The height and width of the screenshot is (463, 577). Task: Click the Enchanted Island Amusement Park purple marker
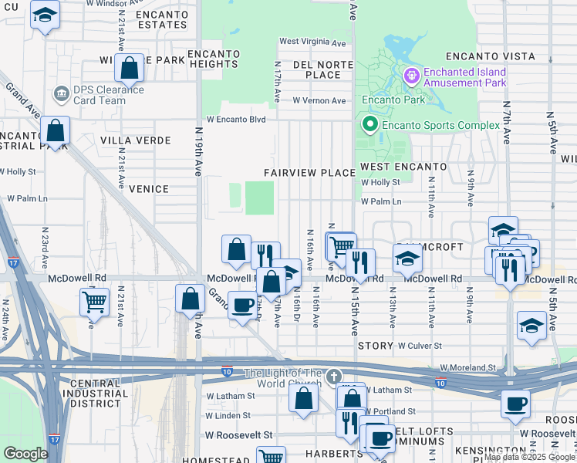click(410, 75)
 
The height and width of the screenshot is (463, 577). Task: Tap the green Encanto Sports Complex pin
click(369, 124)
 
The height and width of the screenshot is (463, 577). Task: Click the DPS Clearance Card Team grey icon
click(60, 94)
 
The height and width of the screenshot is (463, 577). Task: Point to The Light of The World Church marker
click(332, 376)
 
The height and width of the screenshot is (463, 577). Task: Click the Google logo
click(25, 454)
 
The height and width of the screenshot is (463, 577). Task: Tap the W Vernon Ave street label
click(319, 101)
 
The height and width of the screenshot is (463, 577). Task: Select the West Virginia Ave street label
click(312, 42)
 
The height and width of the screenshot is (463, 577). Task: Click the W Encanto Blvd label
click(235, 120)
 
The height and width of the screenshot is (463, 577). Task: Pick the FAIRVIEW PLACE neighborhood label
click(309, 173)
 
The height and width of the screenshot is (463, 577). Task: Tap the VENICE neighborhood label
click(149, 189)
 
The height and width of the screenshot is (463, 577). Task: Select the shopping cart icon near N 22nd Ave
click(94, 301)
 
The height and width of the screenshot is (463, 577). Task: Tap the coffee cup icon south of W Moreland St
click(515, 403)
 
